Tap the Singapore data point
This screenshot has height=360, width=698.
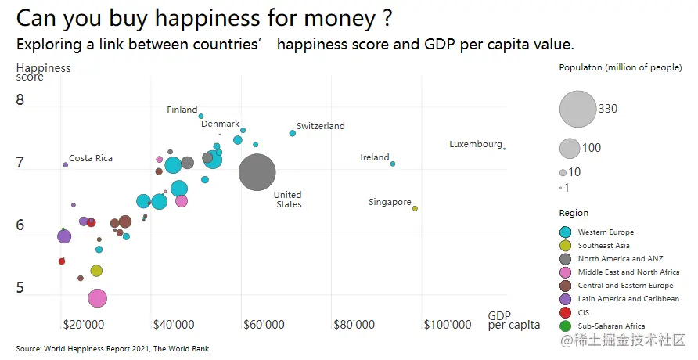pyautogui.click(x=415, y=208)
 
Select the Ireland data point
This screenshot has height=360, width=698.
pyautogui.click(x=393, y=164)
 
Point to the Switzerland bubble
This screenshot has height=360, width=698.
pyautogui.click(x=293, y=133)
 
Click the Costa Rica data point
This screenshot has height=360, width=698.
pyautogui.click(x=66, y=164)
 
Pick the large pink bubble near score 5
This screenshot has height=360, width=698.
pyautogui.click(x=97, y=298)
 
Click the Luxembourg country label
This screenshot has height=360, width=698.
pyautogui.click(x=475, y=144)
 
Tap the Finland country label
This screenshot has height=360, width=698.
pyautogui.click(x=182, y=110)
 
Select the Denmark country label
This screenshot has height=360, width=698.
pyautogui.click(x=220, y=124)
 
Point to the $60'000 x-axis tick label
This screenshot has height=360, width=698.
pyautogui.click(x=264, y=324)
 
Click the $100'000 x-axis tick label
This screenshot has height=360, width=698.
pyautogui.click(x=448, y=324)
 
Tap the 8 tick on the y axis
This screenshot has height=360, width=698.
pyautogui.click(x=20, y=100)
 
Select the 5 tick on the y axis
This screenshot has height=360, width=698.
pyautogui.click(x=20, y=289)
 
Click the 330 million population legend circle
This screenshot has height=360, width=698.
pyautogui.click(x=577, y=109)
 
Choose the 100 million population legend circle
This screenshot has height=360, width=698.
pyautogui.click(x=570, y=147)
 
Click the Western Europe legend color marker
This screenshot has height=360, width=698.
pyautogui.click(x=566, y=232)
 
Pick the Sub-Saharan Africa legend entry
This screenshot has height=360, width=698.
pyautogui.click(x=611, y=326)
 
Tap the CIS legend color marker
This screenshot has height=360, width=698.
pyautogui.click(x=566, y=312)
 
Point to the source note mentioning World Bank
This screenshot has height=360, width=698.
pyautogui.click(x=113, y=348)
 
